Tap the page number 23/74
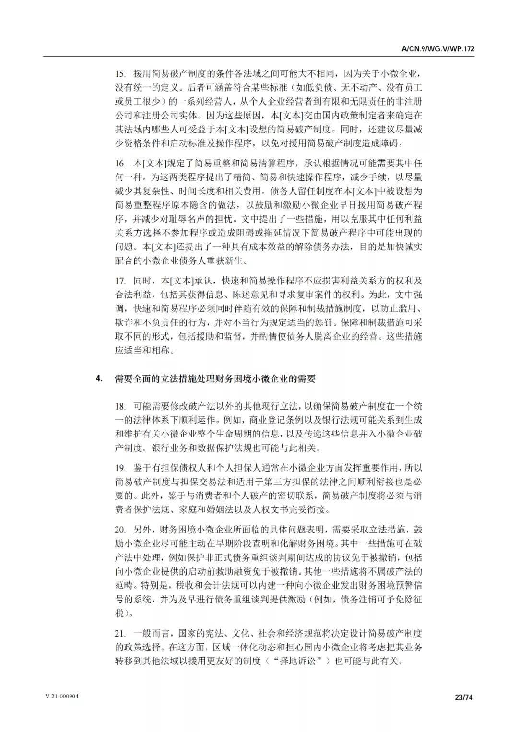pyautogui.click(x=463, y=697)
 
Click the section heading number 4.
pyautogui.click(x=99, y=378)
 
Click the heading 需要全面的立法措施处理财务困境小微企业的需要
pyautogui.click(x=215, y=378)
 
